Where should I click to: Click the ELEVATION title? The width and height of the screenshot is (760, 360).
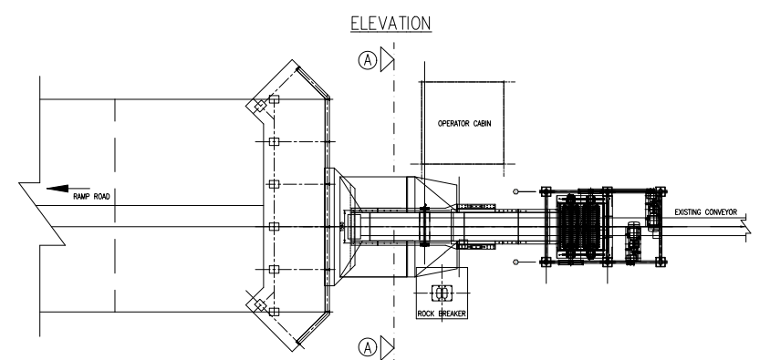390,23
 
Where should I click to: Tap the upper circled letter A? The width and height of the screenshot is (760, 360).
368,60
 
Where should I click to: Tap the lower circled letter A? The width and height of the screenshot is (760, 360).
368,347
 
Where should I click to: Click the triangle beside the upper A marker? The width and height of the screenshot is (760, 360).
387,59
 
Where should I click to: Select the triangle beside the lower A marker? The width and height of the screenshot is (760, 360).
387,347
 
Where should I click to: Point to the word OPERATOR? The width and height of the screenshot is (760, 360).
453,123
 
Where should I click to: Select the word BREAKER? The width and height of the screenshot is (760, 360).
453,314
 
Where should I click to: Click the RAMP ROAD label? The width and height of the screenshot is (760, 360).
91,197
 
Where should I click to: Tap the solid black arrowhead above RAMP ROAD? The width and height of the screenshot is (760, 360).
57,189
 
